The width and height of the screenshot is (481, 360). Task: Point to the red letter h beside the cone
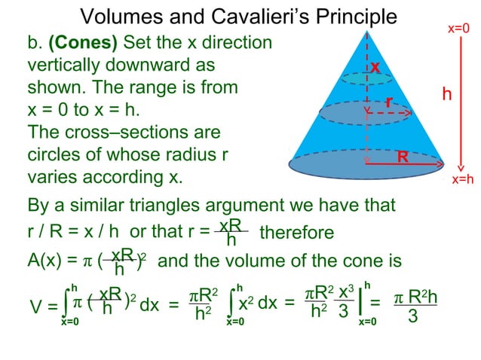447,95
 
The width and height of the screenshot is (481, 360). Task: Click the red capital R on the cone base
403,157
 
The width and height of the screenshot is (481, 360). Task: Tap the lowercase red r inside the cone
388,101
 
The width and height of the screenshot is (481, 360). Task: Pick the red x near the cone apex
374,68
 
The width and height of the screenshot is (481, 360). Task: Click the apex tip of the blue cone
367,32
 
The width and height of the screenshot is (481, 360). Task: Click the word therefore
296,233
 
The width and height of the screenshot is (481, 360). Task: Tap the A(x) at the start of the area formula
46,261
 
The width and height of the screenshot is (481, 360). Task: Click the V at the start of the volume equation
35,307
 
